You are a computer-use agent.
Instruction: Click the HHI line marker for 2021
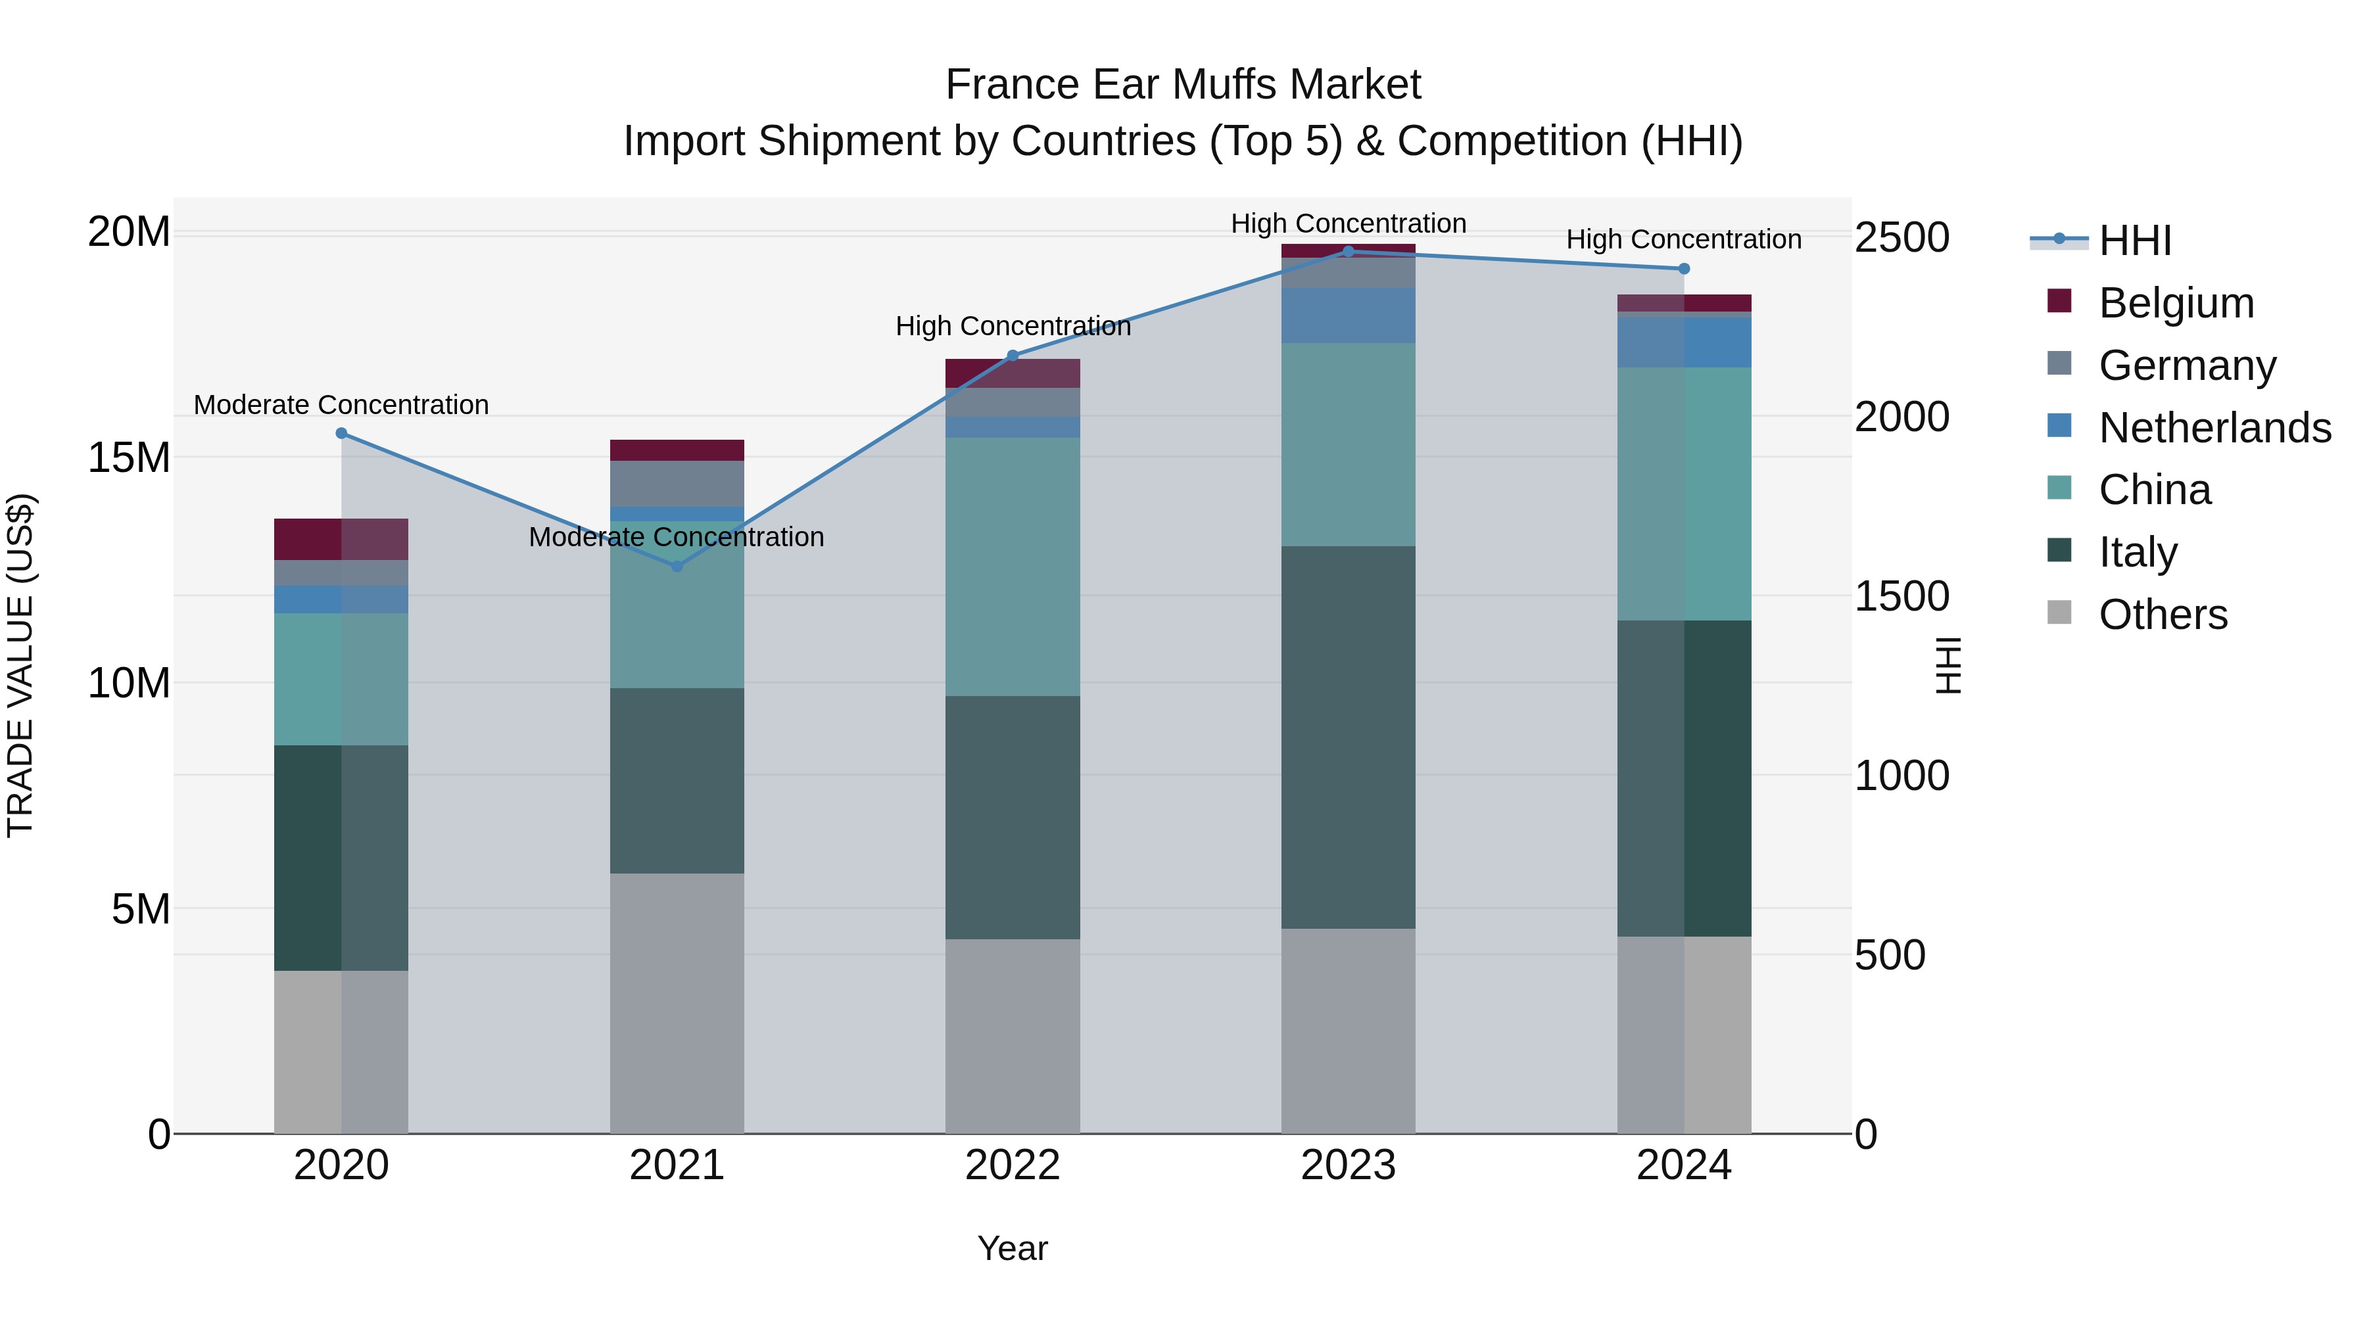point(677,567)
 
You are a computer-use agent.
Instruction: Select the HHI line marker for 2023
point(1348,251)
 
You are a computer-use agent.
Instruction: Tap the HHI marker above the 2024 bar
point(1683,269)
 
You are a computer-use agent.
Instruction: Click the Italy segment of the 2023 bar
point(1348,737)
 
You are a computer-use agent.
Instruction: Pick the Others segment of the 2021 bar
point(677,1002)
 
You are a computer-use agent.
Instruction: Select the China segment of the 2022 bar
point(1013,566)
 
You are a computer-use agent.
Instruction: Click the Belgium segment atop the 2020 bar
point(340,539)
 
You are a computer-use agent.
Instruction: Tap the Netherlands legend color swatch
point(2059,426)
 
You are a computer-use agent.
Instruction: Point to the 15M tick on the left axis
point(129,457)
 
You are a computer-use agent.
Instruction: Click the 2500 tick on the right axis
point(1900,238)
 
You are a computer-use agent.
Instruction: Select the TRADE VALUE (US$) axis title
point(20,665)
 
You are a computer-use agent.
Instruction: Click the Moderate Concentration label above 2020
point(340,405)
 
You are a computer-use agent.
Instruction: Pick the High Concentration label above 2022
point(1013,326)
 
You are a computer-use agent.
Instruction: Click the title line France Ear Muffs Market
point(1183,85)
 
